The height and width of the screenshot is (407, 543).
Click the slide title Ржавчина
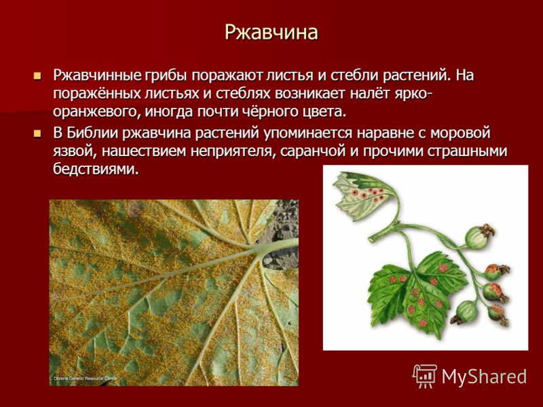tap(271, 33)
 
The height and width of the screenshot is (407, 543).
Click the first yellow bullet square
tap(37, 75)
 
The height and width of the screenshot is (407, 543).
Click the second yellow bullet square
tap(37, 133)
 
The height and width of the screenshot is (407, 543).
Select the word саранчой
tap(312, 151)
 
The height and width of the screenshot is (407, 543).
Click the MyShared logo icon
tap(424, 376)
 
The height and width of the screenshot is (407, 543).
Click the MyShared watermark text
tap(484, 376)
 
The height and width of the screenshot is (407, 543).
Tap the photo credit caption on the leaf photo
tap(86, 379)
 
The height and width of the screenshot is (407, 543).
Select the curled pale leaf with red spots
tap(364, 195)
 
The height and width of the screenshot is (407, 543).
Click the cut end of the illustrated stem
tap(371, 239)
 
